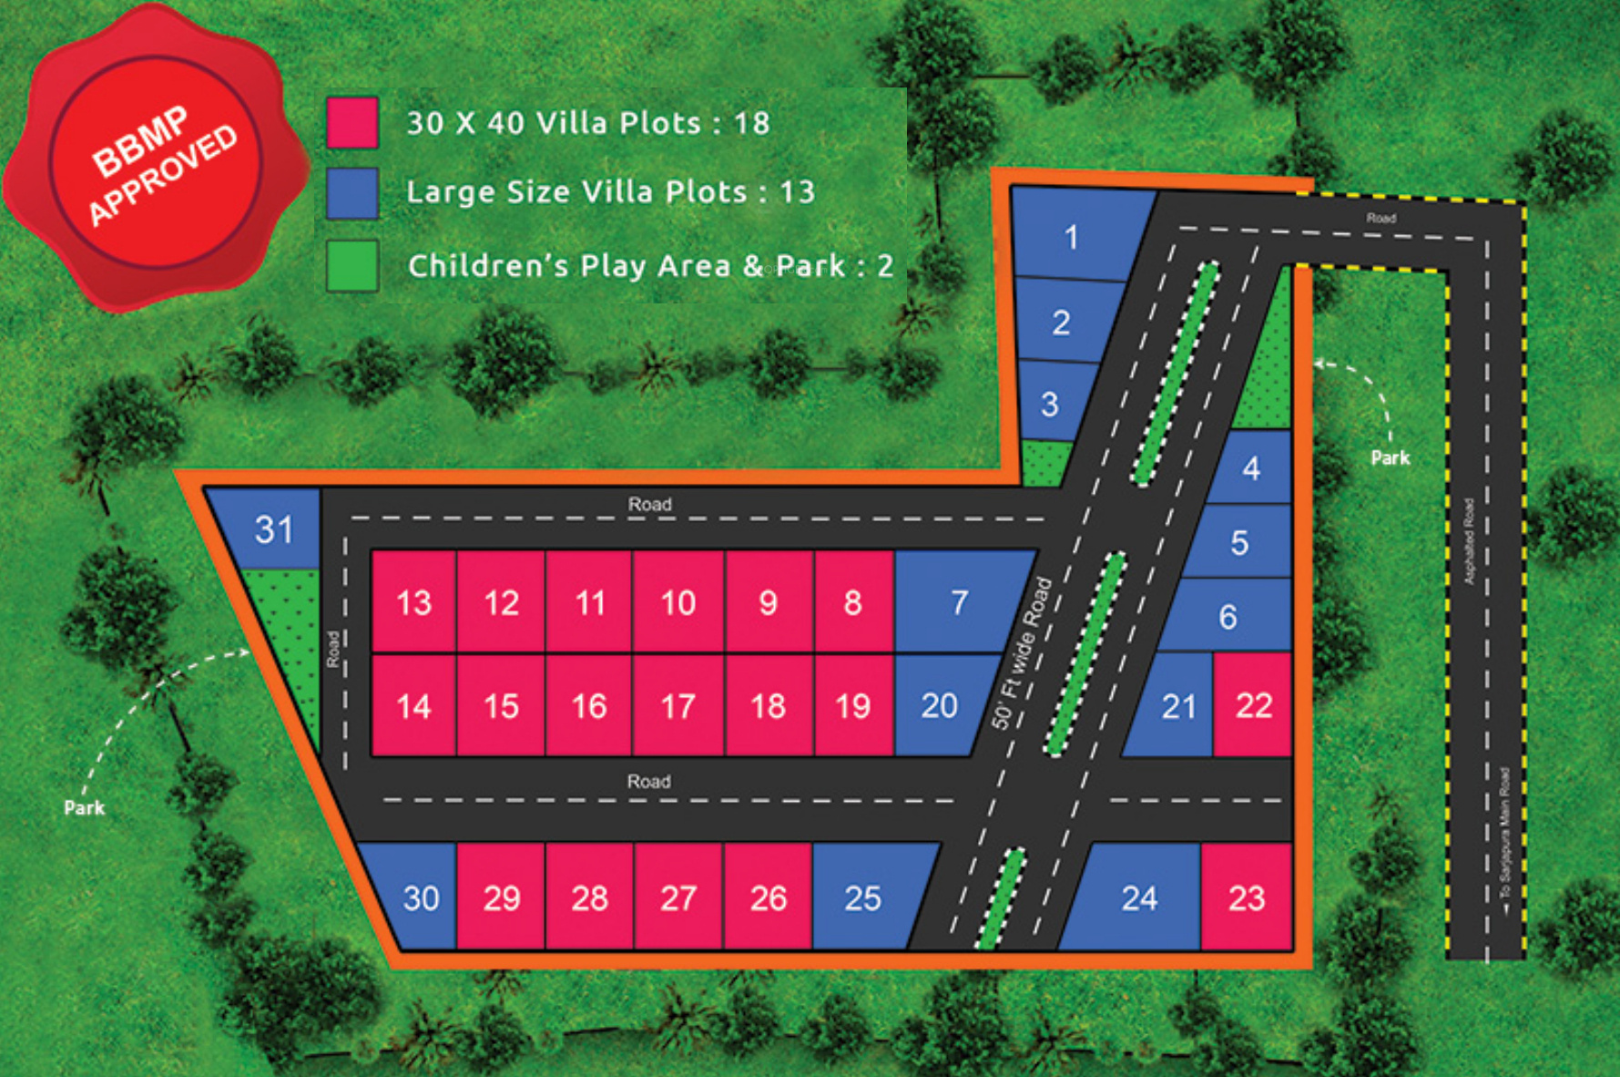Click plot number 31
[x=273, y=530]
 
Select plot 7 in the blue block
[x=959, y=602]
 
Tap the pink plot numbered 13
[x=413, y=602]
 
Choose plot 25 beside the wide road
[x=862, y=898]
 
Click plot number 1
[x=1072, y=237]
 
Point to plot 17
[x=678, y=706]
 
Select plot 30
[x=421, y=898]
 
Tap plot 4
[x=1251, y=468]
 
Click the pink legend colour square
[x=352, y=123]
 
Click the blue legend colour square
[x=352, y=193]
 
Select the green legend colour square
[x=352, y=265]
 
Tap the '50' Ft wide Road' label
[x=1021, y=653]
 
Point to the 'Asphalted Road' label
[x=1468, y=540]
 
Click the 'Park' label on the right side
[x=1390, y=457]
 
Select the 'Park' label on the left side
[x=84, y=807]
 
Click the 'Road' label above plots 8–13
[x=649, y=504]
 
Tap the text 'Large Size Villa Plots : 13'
[x=610, y=192]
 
